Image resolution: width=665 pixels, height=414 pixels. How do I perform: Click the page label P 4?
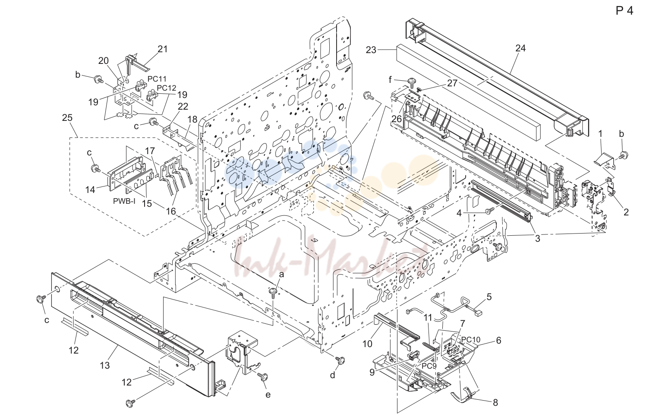(x=624, y=11)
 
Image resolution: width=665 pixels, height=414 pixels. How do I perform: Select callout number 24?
(x=520, y=48)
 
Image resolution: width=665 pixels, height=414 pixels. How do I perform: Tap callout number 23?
(x=371, y=50)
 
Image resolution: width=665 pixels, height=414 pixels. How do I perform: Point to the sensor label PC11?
(x=157, y=79)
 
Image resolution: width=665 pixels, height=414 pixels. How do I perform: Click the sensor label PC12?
(x=167, y=88)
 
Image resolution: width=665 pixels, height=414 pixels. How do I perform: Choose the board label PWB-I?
(x=124, y=201)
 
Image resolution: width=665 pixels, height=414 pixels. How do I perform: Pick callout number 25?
(x=67, y=117)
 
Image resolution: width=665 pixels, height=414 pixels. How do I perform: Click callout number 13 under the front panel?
(x=105, y=365)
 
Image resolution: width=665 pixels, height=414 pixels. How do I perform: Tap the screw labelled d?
(x=340, y=360)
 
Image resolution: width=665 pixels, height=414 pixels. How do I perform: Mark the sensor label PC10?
(x=470, y=339)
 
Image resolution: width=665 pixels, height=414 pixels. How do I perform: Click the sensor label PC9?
(x=429, y=366)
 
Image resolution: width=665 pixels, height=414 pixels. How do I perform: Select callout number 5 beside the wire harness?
(x=489, y=297)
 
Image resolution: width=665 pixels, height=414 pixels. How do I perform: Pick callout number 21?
(x=162, y=49)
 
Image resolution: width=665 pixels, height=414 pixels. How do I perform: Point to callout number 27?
(x=452, y=83)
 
